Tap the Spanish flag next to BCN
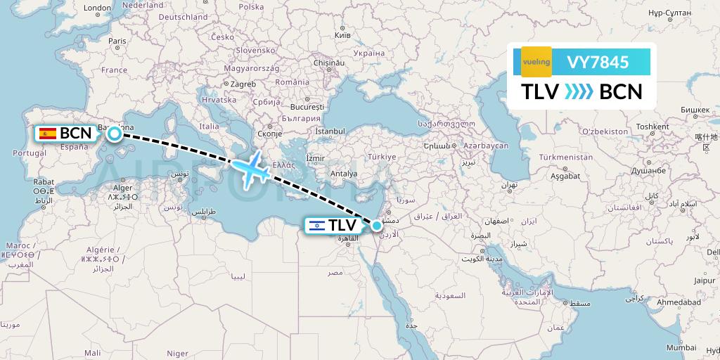[x=48, y=133]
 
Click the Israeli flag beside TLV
[x=317, y=226]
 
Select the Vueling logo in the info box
[x=536, y=62]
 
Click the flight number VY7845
[x=598, y=62]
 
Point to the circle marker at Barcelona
[x=114, y=132]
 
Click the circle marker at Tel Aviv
[x=378, y=225]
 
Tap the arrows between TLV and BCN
[x=579, y=92]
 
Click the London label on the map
[x=97, y=8]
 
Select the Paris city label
[x=117, y=41]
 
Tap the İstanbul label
[x=330, y=131]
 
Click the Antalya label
[x=344, y=173]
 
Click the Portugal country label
[x=30, y=153]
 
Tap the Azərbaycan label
[x=486, y=145]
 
